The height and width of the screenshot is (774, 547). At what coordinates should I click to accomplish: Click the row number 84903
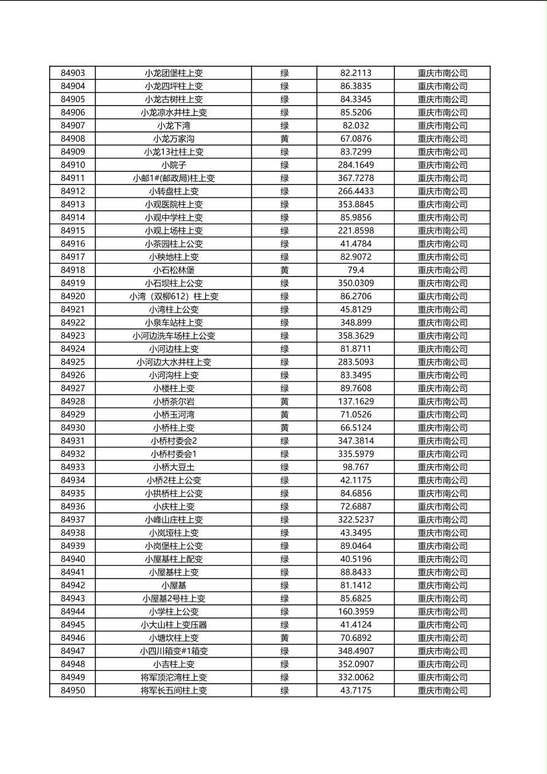coord(73,73)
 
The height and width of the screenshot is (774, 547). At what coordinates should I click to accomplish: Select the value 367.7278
coord(356,178)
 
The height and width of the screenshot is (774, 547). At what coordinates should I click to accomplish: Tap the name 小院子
coord(174,165)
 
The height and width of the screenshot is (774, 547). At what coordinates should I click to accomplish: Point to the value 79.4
coord(356,270)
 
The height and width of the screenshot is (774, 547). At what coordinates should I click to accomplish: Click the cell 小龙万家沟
coord(174,139)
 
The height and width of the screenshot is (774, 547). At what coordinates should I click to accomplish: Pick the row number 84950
coord(73,691)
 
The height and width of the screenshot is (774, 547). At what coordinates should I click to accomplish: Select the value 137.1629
coord(356,402)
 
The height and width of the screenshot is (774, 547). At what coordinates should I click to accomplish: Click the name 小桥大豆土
coord(174,467)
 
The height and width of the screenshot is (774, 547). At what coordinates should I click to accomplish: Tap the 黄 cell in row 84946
coord(285,638)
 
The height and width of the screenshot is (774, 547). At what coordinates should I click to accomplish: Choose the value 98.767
coord(356,467)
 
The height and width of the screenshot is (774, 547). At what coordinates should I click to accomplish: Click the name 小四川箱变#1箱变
coord(174,651)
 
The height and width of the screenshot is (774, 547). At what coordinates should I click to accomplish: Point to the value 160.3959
coord(356,611)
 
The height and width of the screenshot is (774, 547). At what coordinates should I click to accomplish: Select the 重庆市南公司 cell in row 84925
coord(442,362)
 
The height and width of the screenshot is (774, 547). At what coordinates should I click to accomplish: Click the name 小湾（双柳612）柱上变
coord(174,296)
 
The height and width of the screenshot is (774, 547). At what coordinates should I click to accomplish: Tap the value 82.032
coord(356,126)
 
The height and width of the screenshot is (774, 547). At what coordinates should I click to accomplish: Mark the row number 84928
coord(73,402)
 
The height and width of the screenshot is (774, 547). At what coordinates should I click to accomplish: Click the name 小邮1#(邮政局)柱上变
coord(174,178)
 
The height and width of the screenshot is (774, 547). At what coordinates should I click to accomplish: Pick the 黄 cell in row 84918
coord(285,270)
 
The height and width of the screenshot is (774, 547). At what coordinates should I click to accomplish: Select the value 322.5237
coord(356,520)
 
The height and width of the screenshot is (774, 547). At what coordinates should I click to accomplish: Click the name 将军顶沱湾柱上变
coord(174,678)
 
